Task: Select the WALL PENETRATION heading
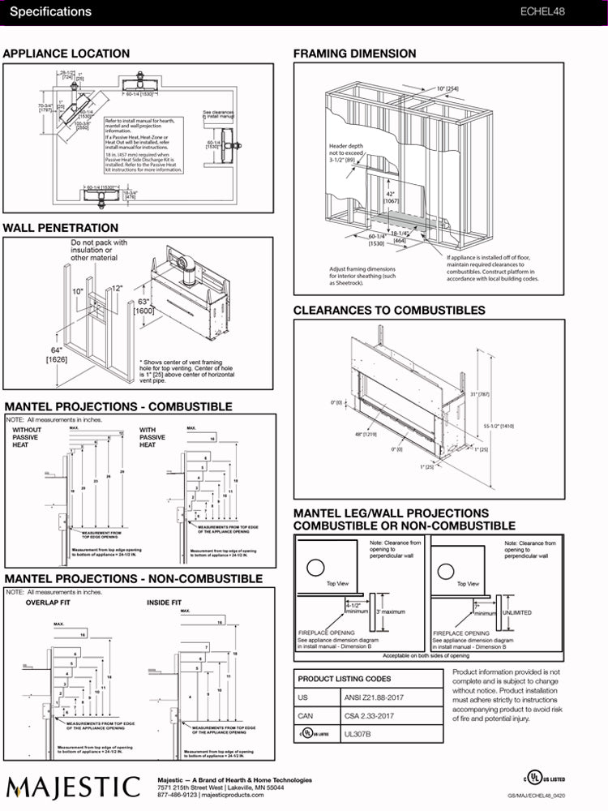point(61,228)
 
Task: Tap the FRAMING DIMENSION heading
point(354,54)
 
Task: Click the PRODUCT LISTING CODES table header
point(345,679)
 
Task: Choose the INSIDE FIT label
point(164,603)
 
